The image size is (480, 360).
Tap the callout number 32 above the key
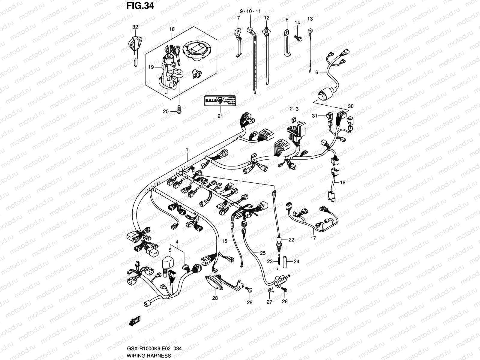coord(135,27)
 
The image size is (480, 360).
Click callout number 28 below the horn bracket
coord(215,298)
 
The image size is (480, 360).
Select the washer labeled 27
coord(269,290)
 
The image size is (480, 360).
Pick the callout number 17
coord(313,238)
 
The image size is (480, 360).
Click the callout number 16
coord(343,182)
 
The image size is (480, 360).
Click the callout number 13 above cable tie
coord(310,19)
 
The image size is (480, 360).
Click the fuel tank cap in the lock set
coord(196,49)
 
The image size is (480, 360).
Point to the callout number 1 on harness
coord(187,149)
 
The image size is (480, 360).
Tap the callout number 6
coord(316,72)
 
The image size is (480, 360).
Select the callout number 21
coord(220,116)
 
